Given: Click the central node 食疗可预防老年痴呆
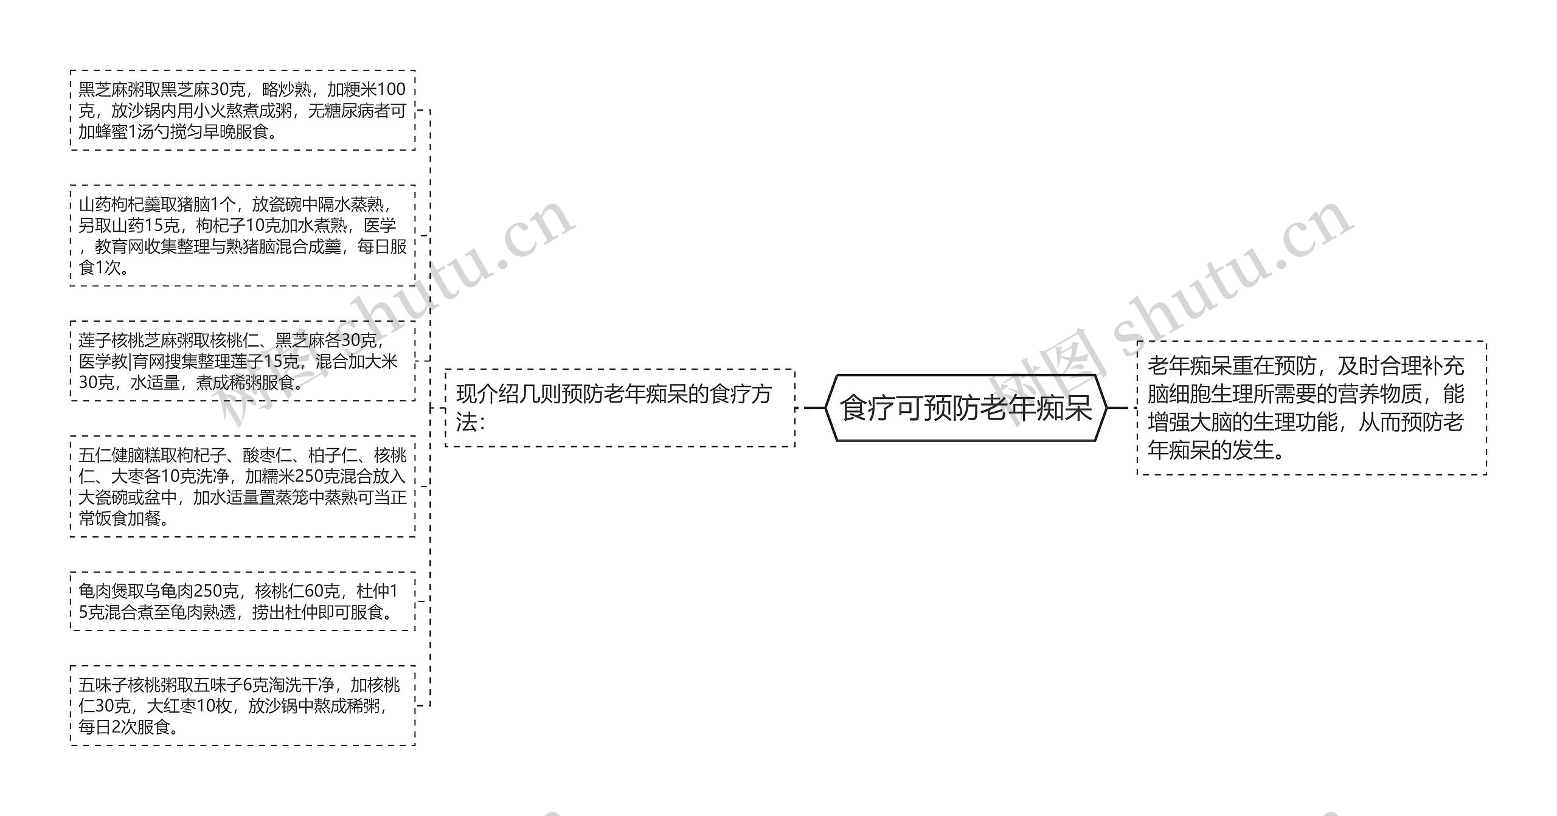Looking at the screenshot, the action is click(966, 408).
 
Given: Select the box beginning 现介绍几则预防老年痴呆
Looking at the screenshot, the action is click(620, 408).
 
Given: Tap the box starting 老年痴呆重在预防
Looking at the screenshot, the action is click(1311, 408).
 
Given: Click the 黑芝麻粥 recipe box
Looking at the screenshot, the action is click(243, 110).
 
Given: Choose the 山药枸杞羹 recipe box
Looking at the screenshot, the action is click(243, 235).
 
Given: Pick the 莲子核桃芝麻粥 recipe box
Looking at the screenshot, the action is click(243, 361).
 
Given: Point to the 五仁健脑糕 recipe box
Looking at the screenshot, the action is click(243, 486).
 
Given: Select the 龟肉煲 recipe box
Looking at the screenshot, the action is click(243, 601).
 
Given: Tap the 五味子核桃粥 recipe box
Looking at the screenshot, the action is click(243, 705).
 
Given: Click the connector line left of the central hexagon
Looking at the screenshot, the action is click(814, 408).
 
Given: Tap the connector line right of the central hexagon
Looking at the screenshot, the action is click(1118, 408).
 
